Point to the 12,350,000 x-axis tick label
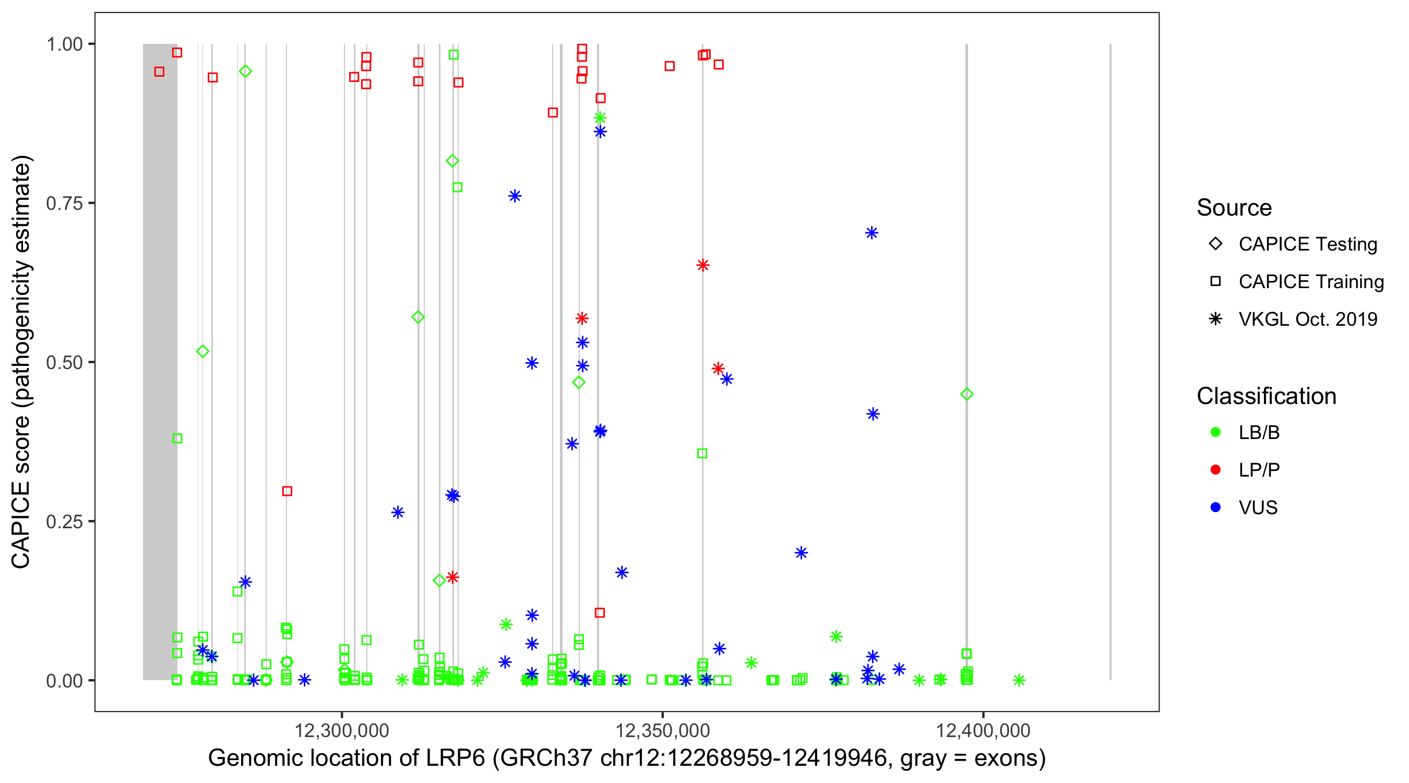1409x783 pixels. point(662,730)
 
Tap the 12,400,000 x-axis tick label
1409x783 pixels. point(983,730)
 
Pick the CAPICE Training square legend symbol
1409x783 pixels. point(1215,281)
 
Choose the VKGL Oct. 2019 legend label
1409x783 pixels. point(1307,319)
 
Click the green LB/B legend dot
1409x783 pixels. point(1215,432)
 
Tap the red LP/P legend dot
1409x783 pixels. point(1215,470)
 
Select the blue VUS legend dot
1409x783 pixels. point(1215,507)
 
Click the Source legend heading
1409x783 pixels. point(1234,208)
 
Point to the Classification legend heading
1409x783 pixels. point(1266,396)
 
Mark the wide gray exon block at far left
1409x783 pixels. point(160,361)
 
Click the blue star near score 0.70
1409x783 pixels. point(871,233)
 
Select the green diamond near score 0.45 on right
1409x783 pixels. point(966,394)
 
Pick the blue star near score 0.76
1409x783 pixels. point(514,196)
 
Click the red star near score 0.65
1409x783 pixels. point(703,265)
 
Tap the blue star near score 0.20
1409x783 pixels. point(801,553)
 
